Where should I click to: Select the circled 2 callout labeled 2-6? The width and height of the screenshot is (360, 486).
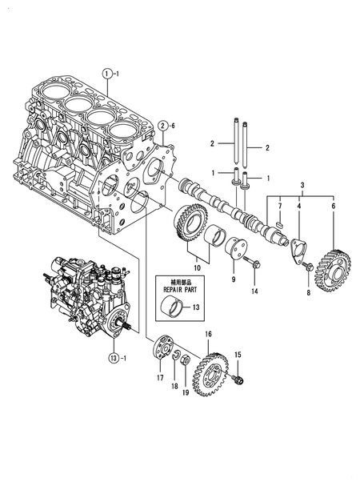[162, 126]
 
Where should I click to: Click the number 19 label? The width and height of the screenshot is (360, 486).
[186, 393]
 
